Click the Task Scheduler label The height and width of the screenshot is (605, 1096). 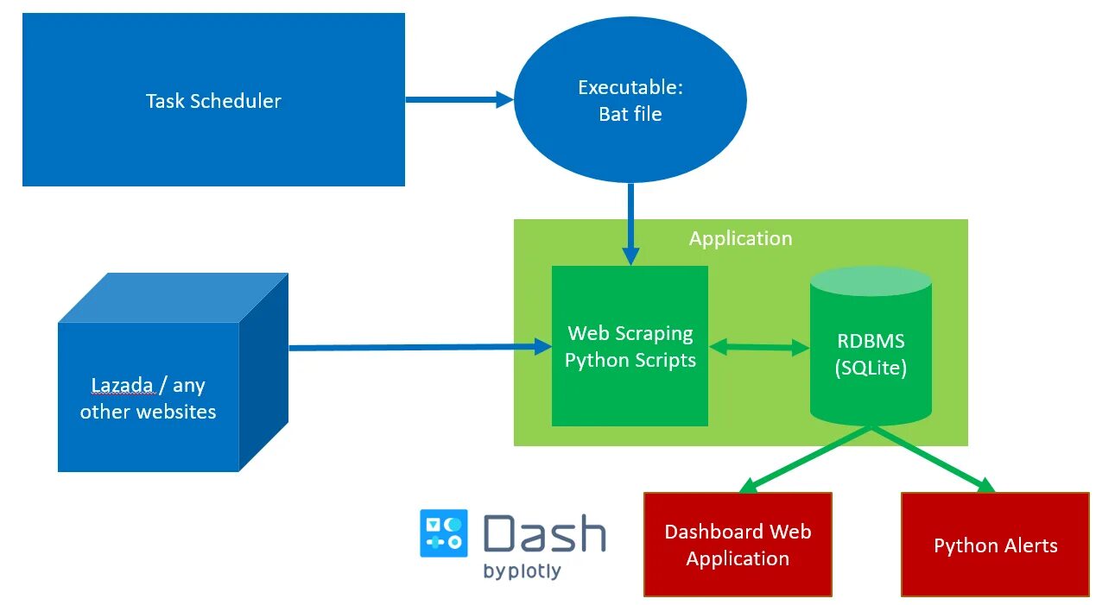coord(213,101)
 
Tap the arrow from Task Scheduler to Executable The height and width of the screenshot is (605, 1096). coord(459,100)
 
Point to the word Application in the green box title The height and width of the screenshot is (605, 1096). coord(740,238)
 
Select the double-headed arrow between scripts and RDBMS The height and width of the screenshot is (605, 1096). coord(758,348)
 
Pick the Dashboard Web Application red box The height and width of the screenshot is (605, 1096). coord(738,545)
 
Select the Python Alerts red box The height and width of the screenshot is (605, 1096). coord(995,545)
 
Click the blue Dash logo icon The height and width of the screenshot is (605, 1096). coord(443,533)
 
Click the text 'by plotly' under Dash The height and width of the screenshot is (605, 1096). coord(522,571)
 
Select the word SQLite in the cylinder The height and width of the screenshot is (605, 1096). coord(871,368)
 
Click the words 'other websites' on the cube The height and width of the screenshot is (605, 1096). coord(148,412)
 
